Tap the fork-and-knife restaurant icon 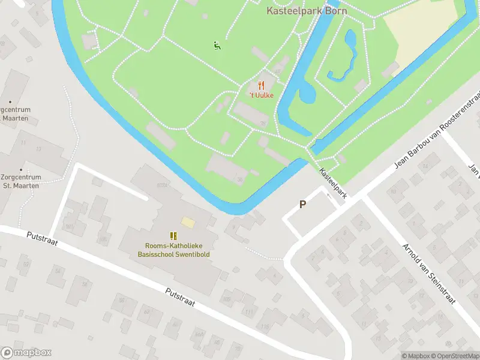point(261,86)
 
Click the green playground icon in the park point(217,45)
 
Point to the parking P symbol point(303,204)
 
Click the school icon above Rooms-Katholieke point(173,236)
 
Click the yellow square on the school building point(188,223)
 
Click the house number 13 point(38,149)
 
